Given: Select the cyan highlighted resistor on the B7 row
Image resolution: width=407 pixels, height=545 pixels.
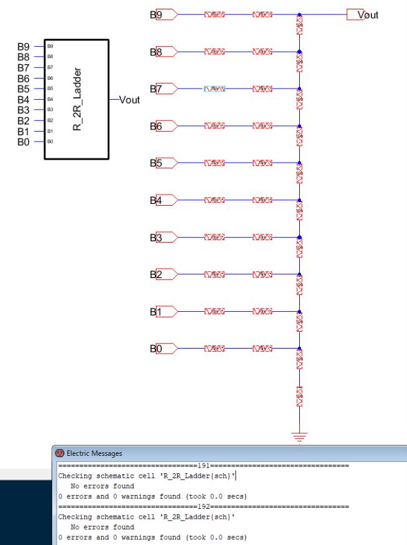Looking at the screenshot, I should (213, 89).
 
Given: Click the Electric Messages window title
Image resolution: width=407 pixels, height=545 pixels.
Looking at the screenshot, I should (91, 453).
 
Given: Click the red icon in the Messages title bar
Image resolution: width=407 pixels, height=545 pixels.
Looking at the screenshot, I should (60, 453).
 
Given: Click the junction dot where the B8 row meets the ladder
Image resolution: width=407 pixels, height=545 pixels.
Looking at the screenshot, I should (299, 52).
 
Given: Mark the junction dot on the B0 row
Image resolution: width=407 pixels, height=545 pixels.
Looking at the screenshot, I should (299, 349).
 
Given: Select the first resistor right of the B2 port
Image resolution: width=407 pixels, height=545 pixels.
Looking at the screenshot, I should (213, 274).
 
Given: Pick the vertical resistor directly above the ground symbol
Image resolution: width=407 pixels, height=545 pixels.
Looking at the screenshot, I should (299, 394).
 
